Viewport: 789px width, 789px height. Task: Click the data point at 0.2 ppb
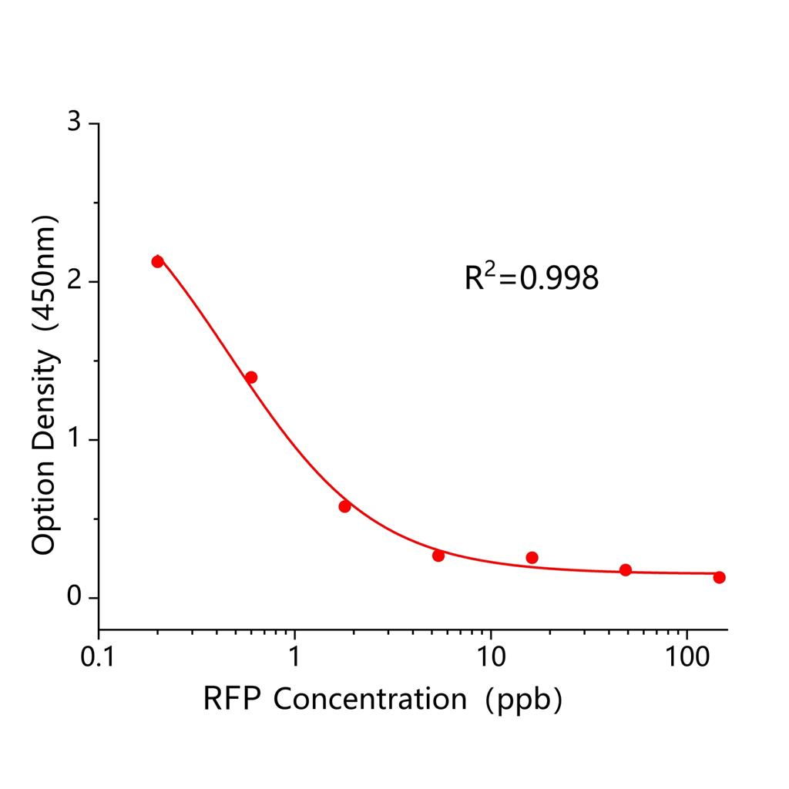click(157, 261)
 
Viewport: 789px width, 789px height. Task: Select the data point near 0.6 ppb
click(251, 377)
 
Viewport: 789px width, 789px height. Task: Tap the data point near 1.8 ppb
click(344, 506)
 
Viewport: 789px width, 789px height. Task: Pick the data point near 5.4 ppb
click(438, 556)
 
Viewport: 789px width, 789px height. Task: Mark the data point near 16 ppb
click(532, 557)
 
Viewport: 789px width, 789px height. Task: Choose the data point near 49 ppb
click(626, 569)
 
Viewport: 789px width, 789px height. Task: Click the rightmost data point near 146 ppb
click(719, 577)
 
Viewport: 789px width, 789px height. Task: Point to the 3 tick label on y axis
click(74, 123)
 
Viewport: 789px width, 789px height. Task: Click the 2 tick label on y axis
click(74, 282)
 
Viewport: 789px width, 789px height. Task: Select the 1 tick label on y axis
click(74, 440)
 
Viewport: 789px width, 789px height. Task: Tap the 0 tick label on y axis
click(74, 598)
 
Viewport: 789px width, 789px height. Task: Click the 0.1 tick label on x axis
click(99, 657)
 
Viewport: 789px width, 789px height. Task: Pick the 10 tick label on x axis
click(490, 657)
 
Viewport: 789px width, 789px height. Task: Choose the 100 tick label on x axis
click(686, 657)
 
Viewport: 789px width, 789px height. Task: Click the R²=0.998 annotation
click(531, 278)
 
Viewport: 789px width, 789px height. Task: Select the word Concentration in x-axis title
click(370, 699)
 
